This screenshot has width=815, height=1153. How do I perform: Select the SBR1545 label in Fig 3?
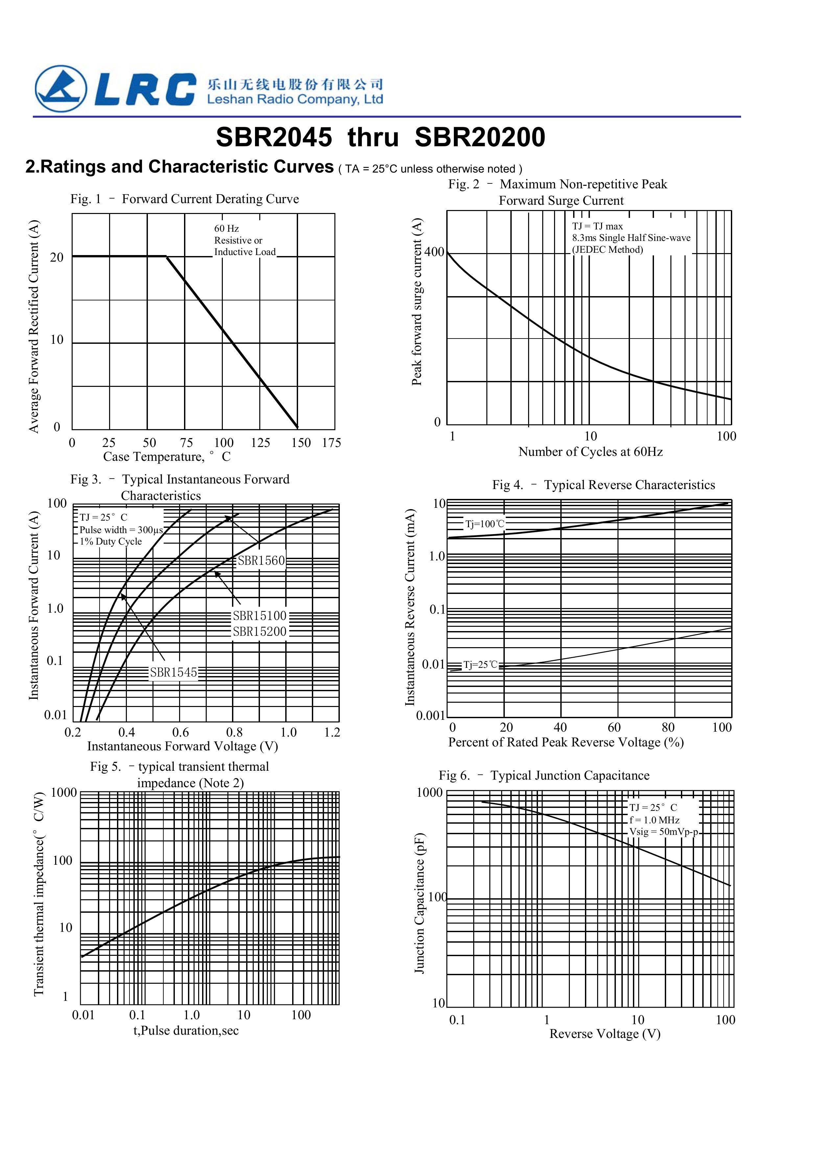tap(174, 672)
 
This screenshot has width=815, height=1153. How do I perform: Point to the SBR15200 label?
tap(260, 632)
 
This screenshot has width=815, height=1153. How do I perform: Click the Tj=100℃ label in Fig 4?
tap(485, 524)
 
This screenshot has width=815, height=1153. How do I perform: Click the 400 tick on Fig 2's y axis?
tap(434, 252)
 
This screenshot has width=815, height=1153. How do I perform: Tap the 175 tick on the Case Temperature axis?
tap(332, 443)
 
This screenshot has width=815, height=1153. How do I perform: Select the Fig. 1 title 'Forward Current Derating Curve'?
tap(210, 200)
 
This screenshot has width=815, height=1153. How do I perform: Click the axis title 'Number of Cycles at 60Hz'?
tap(591, 452)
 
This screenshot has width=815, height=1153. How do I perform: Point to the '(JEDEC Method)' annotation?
tap(608, 249)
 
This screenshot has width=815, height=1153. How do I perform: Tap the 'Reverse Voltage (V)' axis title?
tap(605, 1034)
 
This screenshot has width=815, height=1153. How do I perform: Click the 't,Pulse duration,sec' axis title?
tap(186, 1030)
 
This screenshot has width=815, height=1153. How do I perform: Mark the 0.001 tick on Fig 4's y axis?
tap(431, 716)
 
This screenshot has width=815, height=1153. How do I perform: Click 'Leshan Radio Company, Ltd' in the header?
tap(295, 100)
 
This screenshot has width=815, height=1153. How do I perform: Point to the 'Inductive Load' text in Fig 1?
tap(245, 252)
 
